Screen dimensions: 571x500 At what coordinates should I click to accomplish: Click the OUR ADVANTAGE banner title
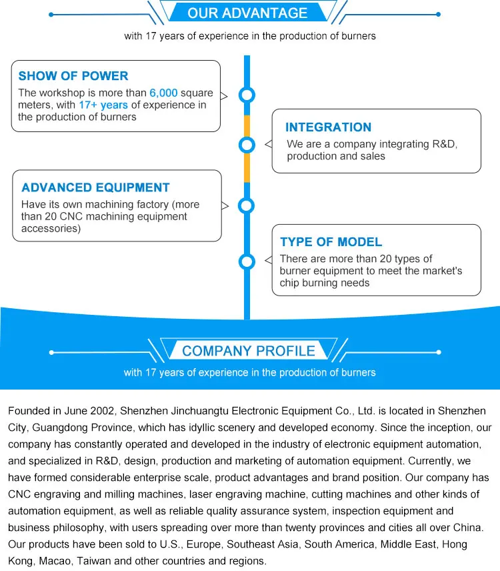[x=247, y=13]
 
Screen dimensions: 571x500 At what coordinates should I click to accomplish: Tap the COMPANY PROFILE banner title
[x=249, y=351]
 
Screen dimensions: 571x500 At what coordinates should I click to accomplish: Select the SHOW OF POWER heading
[x=73, y=76]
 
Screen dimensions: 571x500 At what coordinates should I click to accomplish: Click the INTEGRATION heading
[x=328, y=127]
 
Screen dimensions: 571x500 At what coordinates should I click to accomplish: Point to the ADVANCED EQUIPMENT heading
[x=95, y=188]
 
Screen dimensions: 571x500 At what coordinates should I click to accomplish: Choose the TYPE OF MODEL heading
[x=331, y=242]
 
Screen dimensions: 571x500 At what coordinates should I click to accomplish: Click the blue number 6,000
[x=163, y=93]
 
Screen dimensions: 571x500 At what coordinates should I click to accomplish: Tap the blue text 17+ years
[x=103, y=105]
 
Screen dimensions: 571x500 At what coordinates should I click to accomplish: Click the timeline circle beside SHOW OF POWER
[x=247, y=95]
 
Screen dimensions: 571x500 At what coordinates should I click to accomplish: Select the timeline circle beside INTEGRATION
[x=247, y=144]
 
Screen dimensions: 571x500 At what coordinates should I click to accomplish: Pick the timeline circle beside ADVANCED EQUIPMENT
[x=247, y=205]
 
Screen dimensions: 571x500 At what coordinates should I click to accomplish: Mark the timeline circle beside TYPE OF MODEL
[x=247, y=261]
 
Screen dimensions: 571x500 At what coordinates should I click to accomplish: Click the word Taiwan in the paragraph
[x=95, y=561]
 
